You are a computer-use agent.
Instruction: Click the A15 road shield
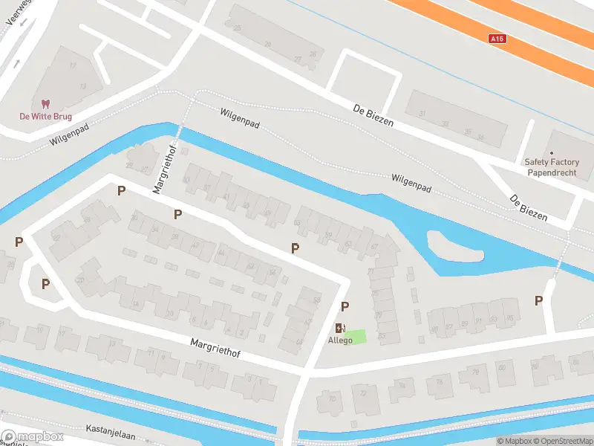click(x=497, y=38)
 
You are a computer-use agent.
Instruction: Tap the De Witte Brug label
click(x=45, y=116)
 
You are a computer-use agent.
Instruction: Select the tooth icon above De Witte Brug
click(x=45, y=104)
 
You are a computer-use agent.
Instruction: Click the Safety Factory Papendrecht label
click(x=551, y=167)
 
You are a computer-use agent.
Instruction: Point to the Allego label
click(x=341, y=340)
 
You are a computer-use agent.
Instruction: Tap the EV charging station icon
click(x=340, y=328)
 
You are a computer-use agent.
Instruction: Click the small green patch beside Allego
click(x=357, y=336)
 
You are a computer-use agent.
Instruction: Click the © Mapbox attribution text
click(x=513, y=441)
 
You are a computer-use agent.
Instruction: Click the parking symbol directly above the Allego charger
click(x=345, y=306)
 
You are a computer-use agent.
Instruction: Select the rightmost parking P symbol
click(x=538, y=300)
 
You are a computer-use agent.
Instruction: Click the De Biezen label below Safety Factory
click(x=528, y=209)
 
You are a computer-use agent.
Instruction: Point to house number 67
click(x=375, y=247)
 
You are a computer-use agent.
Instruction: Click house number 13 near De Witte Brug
click(x=82, y=86)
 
